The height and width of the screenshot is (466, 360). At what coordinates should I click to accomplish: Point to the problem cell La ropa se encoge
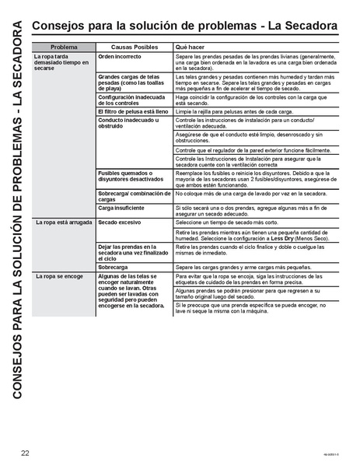(x=57, y=276)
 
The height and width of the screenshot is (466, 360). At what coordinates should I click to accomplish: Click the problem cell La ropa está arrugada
(x=60, y=222)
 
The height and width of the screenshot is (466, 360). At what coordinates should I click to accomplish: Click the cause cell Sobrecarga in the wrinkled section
(x=114, y=266)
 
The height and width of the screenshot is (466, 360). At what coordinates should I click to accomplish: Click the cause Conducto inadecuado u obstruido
(x=124, y=124)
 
